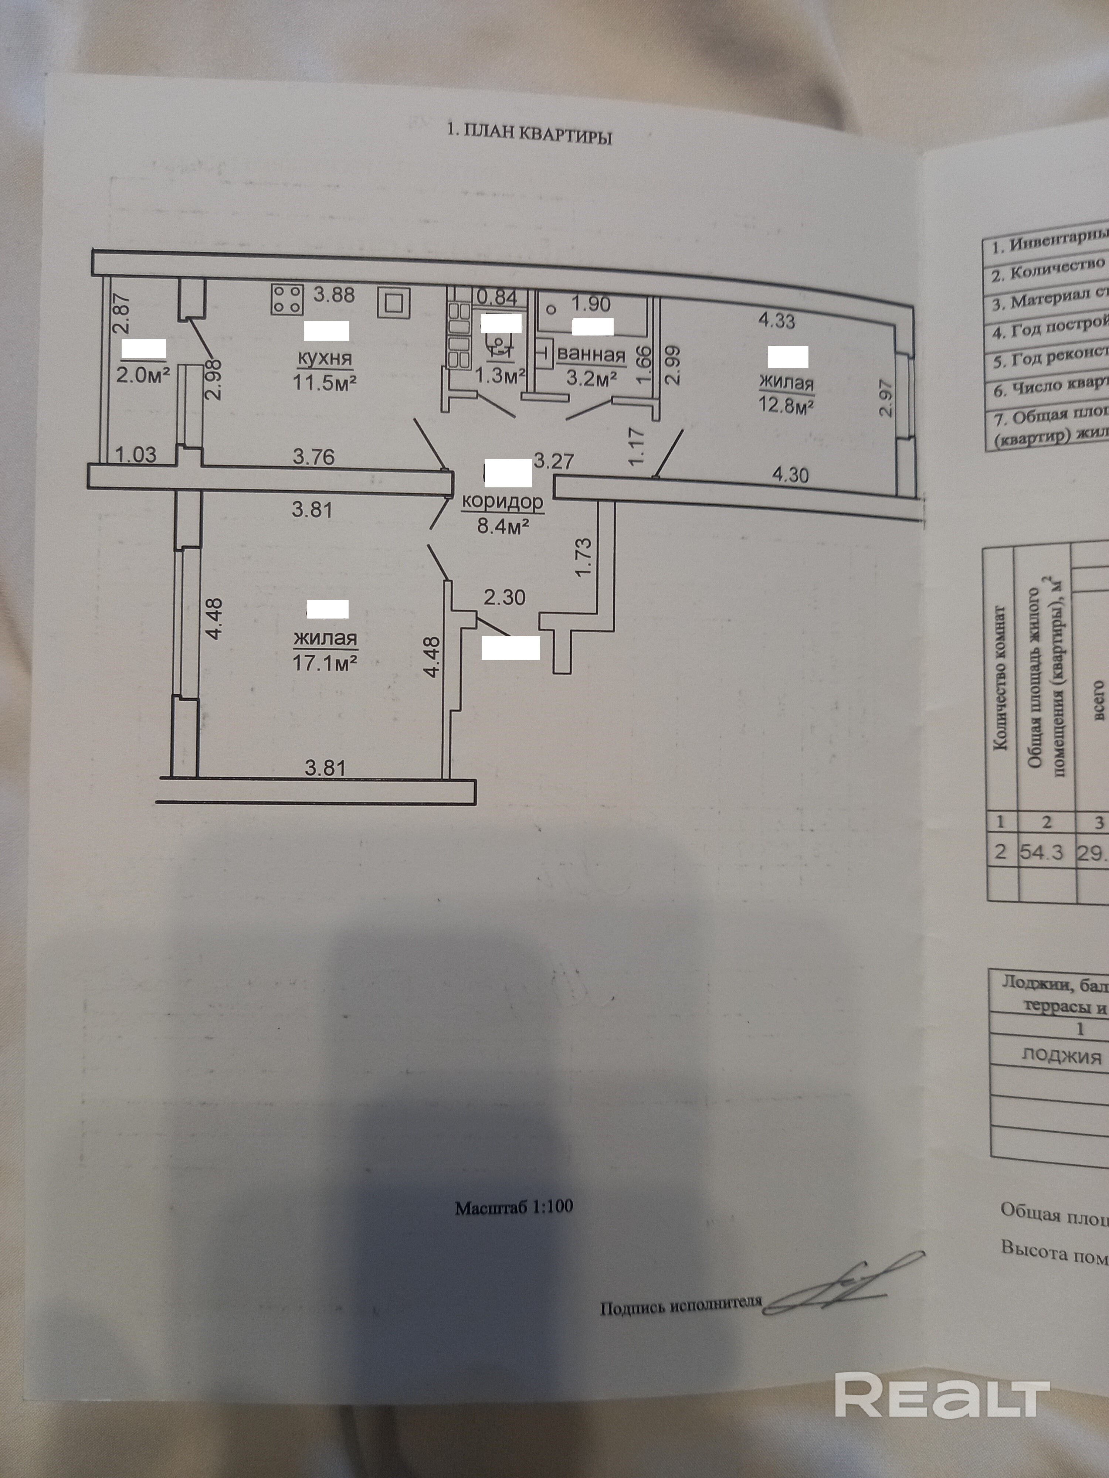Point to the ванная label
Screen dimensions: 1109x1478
[x=591, y=355]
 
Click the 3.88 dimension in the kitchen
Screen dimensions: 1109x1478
[x=334, y=294]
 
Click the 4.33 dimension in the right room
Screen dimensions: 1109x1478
[x=776, y=321]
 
